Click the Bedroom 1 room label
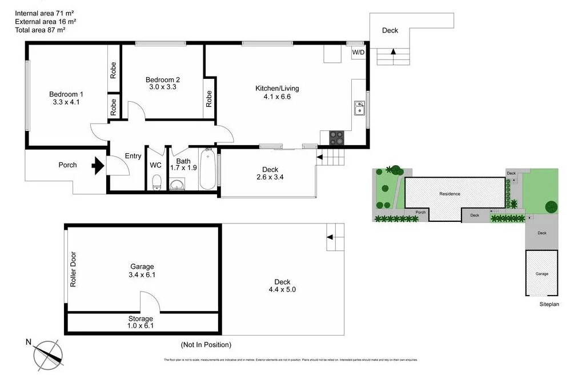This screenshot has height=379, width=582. (66, 94)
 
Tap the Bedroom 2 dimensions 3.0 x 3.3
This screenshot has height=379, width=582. (163, 87)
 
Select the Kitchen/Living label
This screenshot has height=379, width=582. (276, 89)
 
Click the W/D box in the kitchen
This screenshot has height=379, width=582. (358, 53)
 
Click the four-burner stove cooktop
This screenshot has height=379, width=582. (337, 138)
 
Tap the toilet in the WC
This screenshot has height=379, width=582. (156, 182)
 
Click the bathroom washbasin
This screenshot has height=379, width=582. (177, 184)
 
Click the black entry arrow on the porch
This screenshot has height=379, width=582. (98, 166)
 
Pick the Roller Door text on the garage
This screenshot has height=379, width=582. (73, 269)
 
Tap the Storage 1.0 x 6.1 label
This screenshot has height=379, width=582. (141, 322)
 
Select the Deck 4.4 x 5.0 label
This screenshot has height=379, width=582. (282, 285)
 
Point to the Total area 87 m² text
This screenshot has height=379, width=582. (40, 30)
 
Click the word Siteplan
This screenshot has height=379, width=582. (549, 305)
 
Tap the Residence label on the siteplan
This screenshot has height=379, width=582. (449, 194)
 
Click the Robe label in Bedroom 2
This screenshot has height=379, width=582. (209, 99)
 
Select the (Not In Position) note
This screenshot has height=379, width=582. (206, 345)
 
